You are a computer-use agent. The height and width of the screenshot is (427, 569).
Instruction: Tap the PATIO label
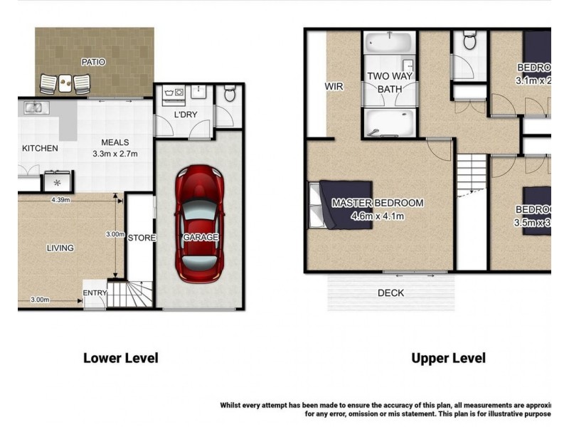(92, 63)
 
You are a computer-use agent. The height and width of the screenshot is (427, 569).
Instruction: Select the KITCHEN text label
(40, 149)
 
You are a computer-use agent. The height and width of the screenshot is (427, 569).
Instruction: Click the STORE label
(141, 238)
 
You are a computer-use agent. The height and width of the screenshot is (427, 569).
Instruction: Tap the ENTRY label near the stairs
(95, 293)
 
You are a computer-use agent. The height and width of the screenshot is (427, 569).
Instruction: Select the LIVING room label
(60, 248)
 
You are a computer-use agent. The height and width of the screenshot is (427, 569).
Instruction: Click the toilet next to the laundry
(228, 94)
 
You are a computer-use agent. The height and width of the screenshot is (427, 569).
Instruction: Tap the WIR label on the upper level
(334, 86)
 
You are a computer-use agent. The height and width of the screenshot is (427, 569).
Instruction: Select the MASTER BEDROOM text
(377, 204)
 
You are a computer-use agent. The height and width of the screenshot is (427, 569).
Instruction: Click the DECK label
(390, 293)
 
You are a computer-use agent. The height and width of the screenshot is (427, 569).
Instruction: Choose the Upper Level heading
(448, 358)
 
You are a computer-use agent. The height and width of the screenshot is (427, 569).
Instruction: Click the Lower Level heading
(121, 358)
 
